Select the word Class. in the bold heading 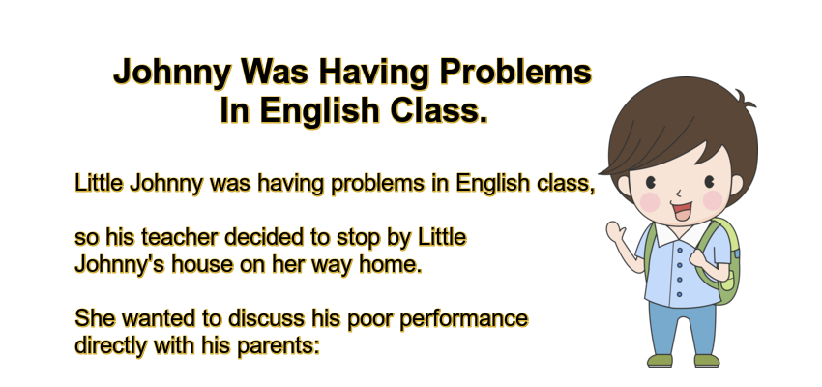pos(435,111)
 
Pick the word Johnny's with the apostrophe pos(112,264)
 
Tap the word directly pos(107,343)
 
